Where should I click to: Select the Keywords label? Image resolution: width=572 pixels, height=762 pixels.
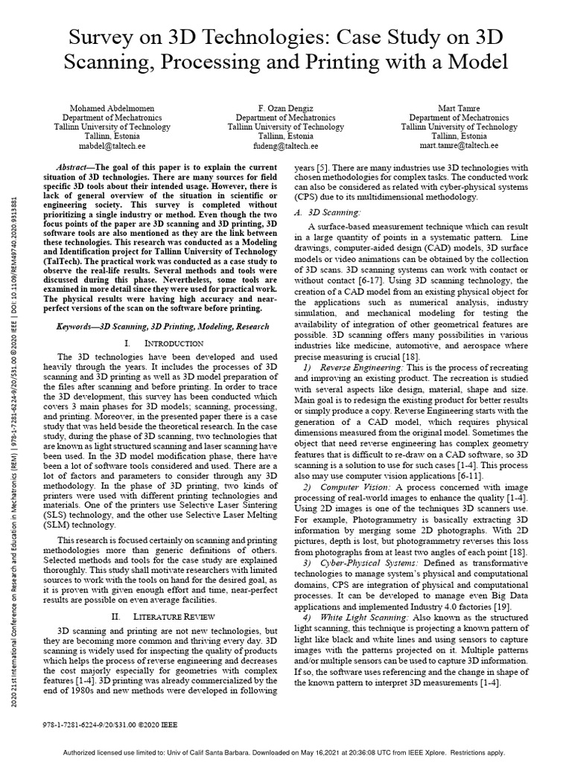[x=79, y=327]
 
